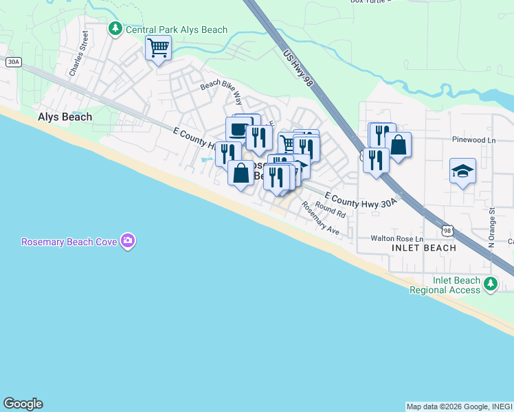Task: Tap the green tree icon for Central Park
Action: pyautogui.click(x=115, y=28)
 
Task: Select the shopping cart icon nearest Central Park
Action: pyautogui.click(x=158, y=48)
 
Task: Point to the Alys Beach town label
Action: pyautogui.click(x=65, y=117)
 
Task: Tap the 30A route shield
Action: pyautogui.click(x=13, y=62)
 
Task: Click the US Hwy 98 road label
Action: pyautogui.click(x=298, y=67)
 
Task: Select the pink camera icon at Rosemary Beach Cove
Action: pyautogui.click(x=127, y=241)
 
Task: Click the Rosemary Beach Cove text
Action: pyautogui.click(x=69, y=242)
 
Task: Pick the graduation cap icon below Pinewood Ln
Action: pyautogui.click(x=463, y=170)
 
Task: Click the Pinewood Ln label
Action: pyautogui.click(x=474, y=140)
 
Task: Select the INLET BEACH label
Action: pyautogui.click(x=423, y=248)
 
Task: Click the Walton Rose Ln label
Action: pyautogui.click(x=397, y=238)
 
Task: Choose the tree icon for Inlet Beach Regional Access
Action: pyautogui.click(x=490, y=284)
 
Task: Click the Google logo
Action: pyautogui.click(x=23, y=404)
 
